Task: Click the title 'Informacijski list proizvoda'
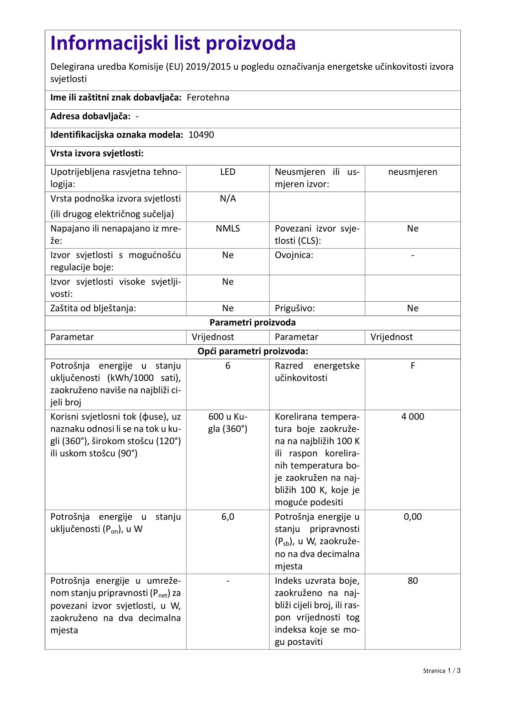[x=173, y=43]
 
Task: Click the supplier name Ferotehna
[x=208, y=97]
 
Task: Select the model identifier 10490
[x=201, y=135]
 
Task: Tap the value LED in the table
[x=228, y=172]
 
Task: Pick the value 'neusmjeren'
[x=413, y=172]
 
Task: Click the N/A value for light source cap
[x=228, y=199]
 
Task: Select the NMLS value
[x=228, y=228]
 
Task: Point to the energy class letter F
[x=413, y=366]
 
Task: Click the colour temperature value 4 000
[x=413, y=417]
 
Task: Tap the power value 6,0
[x=228, y=517]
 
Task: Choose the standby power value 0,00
[x=413, y=517]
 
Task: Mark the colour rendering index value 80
[x=413, y=580]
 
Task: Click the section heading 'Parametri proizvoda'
[x=252, y=322]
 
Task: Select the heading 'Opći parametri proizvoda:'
[x=252, y=351]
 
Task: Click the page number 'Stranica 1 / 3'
[x=442, y=671]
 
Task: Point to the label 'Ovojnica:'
[x=294, y=255]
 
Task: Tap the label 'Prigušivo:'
[x=295, y=308]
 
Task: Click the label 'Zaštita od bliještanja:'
[x=93, y=308]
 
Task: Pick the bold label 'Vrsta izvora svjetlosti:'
[x=97, y=154]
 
